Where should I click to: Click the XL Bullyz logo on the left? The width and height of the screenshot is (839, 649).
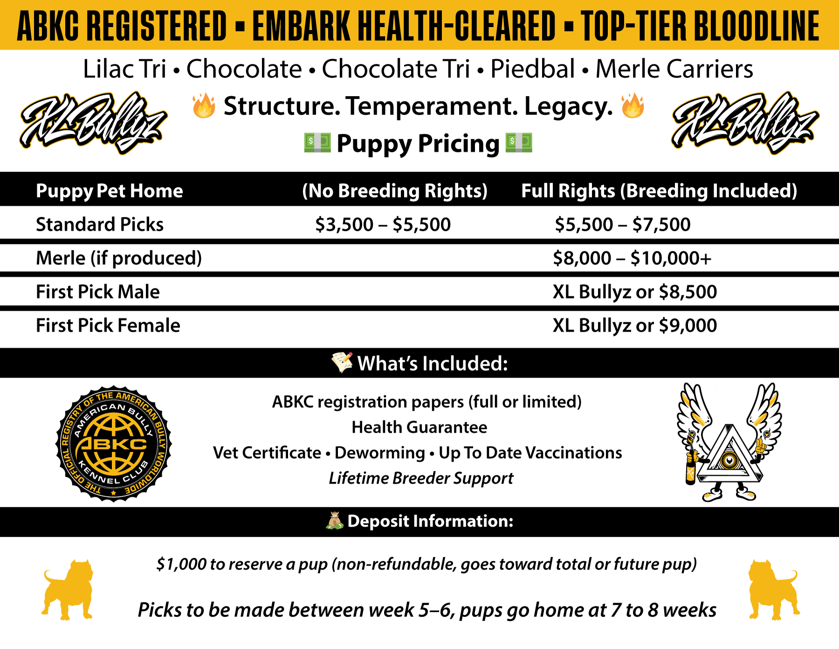(x=93, y=122)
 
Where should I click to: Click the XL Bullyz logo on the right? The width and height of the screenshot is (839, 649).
(x=745, y=122)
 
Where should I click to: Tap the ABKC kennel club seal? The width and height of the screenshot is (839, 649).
(x=114, y=444)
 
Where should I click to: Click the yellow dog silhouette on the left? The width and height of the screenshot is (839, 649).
(x=68, y=590)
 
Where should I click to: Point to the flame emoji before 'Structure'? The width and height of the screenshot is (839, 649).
(x=204, y=105)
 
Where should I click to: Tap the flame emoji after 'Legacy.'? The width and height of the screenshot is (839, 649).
(x=633, y=105)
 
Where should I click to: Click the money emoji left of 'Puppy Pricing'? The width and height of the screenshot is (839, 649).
(x=317, y=142)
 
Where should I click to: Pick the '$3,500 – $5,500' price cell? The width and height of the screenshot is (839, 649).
(x=383, y=224)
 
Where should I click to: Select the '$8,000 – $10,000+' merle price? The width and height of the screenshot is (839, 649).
(x=632, y=258)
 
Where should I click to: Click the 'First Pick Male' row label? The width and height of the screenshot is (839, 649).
(x=98, y=292)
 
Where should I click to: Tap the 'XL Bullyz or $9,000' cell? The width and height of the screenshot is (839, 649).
(x=635, y=326)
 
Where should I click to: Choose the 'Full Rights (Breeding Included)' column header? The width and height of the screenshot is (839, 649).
(x=659, y=191)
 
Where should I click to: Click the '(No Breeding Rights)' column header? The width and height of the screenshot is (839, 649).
(x=395, y=191)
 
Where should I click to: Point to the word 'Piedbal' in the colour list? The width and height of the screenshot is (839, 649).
(x=533, y=69)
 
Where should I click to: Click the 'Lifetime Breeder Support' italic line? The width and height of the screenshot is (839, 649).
(x=421, y=478)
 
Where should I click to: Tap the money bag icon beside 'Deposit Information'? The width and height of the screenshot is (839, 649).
(x=334, y=521)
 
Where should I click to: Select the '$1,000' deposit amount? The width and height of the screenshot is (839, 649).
(x=181, y=565)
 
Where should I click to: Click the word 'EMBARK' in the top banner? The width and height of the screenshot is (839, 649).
(x=302, y=26)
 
